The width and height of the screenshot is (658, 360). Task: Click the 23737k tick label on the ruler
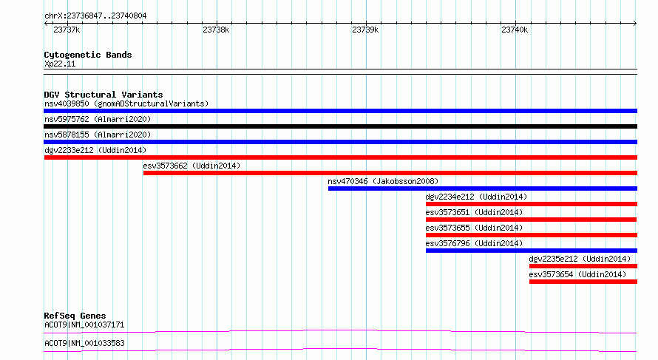point(67,30)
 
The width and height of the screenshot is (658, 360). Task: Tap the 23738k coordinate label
point(216,30)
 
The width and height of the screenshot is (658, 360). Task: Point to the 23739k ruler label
point(365,30)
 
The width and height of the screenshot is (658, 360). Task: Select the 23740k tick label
point(515,30)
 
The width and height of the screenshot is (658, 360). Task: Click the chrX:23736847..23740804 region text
point(95,16)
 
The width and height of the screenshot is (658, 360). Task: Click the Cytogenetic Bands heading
point(88,55)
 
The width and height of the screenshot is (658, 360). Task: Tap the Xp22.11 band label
point(60,64)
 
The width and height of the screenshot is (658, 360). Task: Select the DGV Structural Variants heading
point(104,95)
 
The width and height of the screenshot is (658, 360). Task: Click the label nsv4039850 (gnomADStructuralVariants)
point(126,103)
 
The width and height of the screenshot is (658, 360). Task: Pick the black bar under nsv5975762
point(340,126)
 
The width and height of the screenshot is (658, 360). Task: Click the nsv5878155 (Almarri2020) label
point(98,135)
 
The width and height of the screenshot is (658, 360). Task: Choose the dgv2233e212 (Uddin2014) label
point(95,150)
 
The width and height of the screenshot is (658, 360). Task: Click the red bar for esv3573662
point(390,173)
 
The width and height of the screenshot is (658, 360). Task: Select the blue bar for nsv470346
point(483,189)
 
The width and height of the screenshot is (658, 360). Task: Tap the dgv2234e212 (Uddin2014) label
point(476,197)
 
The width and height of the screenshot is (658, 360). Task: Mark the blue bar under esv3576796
point(532,251)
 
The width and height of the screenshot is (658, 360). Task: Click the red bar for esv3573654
point(583,282)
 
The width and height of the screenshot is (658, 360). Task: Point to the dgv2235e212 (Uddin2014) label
point(580,259)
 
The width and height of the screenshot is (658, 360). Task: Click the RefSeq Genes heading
point(75,316)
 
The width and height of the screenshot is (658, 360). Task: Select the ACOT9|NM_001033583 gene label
point(84,343)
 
